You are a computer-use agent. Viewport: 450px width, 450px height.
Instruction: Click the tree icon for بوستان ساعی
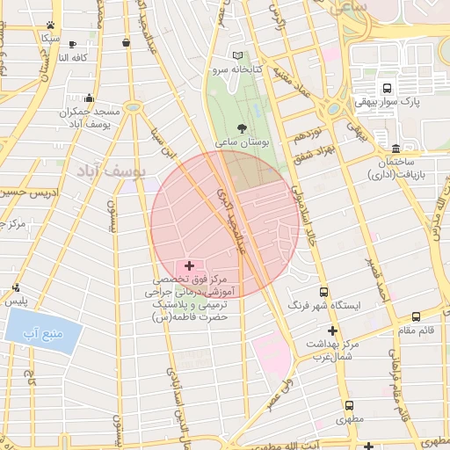pyautogui.click(x=242, y=128)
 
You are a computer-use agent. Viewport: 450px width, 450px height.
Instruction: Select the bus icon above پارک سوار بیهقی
pyautogui.click(x=387, y=88)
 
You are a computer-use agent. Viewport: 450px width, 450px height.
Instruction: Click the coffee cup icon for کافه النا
pyautogui.click(x=73, y=44)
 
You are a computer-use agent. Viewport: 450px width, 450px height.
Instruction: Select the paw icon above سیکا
pyautogui.click(x=51, y=25)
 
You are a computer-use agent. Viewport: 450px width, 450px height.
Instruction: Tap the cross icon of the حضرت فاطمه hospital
pyautogui.click(x=189, y=265)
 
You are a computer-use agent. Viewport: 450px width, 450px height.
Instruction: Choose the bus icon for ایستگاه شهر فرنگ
pyautogui.click(x=323, y=292)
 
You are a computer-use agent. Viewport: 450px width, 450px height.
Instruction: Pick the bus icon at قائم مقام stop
pyautogui.click(x=416, y=316)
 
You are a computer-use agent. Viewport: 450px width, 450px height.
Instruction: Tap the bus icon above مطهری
pyautogui.click(x=350, y=406)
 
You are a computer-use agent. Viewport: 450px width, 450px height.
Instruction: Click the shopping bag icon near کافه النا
pyautogui.click(x=127, y=42)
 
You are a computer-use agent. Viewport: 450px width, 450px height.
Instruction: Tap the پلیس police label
pyautogui.click(x=17, y=301)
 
